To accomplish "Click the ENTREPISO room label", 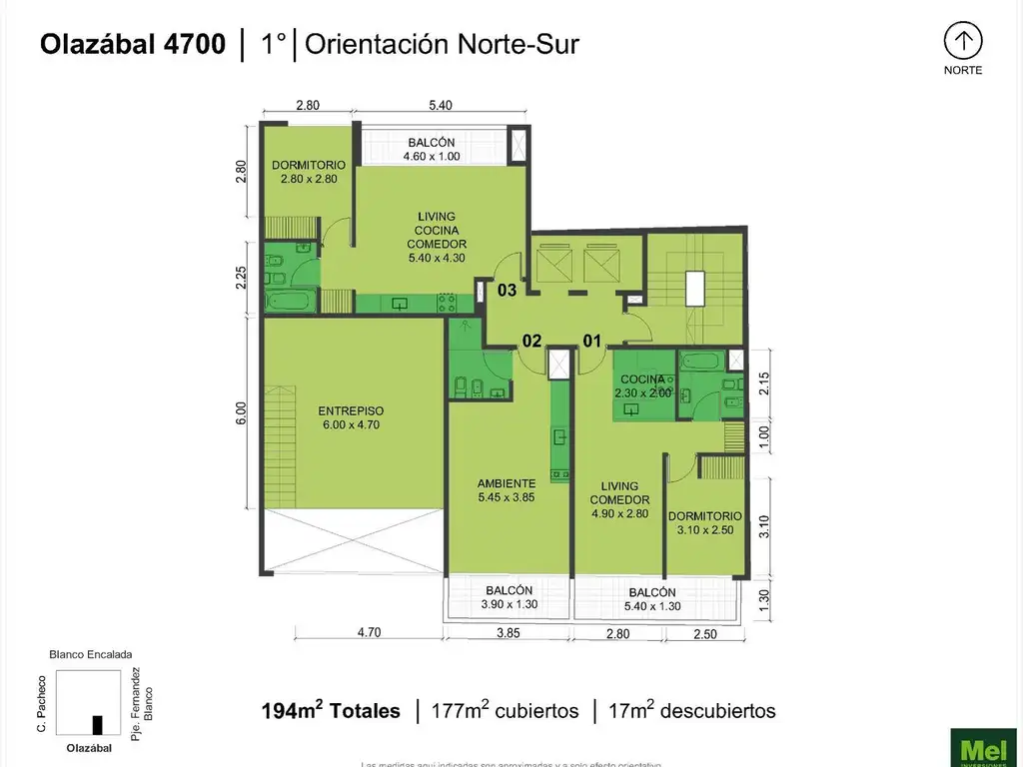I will click(351, 417).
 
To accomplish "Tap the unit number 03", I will click(507, 291).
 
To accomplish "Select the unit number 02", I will click(531, 341).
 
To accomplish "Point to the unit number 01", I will click(591, 341).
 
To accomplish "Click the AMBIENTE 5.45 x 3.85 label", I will click(508, 489).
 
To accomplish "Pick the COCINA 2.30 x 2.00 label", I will click(642, 385).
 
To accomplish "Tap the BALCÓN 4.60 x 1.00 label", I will click(431, 149).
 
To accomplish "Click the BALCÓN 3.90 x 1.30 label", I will click(510, 597).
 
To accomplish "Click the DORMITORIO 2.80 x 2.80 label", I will click(308, 172).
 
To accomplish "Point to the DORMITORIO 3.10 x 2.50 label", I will click(706, 522).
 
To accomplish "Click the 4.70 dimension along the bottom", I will click(370, 632).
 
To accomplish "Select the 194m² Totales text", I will click(331, 711).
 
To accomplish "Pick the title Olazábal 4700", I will click(132, 45).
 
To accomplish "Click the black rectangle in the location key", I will click(97, 725).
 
